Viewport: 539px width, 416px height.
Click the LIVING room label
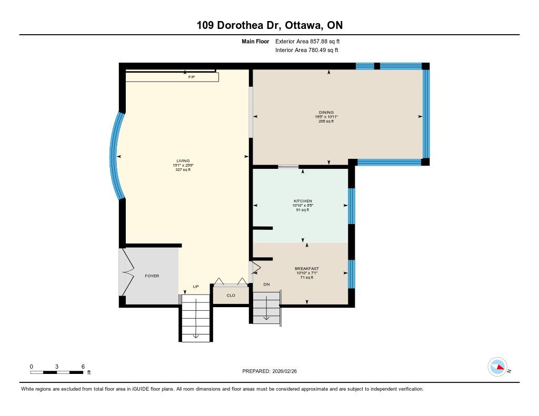pyautogui.click(x=183, y=161)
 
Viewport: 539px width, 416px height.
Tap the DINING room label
pyautogui.click(x=326, y=113)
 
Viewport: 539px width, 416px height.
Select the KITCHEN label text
pyautogui.click(x=303, y=201)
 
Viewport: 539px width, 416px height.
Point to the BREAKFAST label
pyautogui.click(x=307, y=269)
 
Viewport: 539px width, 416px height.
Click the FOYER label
pyautogui.click(x=152, y=276)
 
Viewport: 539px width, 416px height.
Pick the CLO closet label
pyautogui.click(x=231, y=296)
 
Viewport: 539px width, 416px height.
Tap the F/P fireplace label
pyautogui.click(x=192, y=77)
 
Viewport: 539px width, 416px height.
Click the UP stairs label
pyautogui.click(x=196, y=287)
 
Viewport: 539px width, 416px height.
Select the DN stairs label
pyautogui.click(x=266, y=285)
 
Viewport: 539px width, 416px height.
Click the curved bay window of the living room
pyautogui.click(x=113, y=156)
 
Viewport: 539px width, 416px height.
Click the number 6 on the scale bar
pyautogui.click(x=83, y=367)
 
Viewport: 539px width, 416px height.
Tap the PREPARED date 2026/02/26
pyautogui.click(x=285, y=371)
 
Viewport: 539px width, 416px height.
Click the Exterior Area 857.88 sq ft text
pyautogui.click(x=307, y=41)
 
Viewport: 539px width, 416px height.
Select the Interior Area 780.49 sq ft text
pyautogui.click(x=307, y=50)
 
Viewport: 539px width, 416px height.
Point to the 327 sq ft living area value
pyautogui.click(x=183, y=170)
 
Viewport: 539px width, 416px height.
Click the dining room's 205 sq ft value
pyautogui.click(x=326, y=121)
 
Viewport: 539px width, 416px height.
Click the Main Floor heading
pyautogui.click(x=255, y=41)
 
